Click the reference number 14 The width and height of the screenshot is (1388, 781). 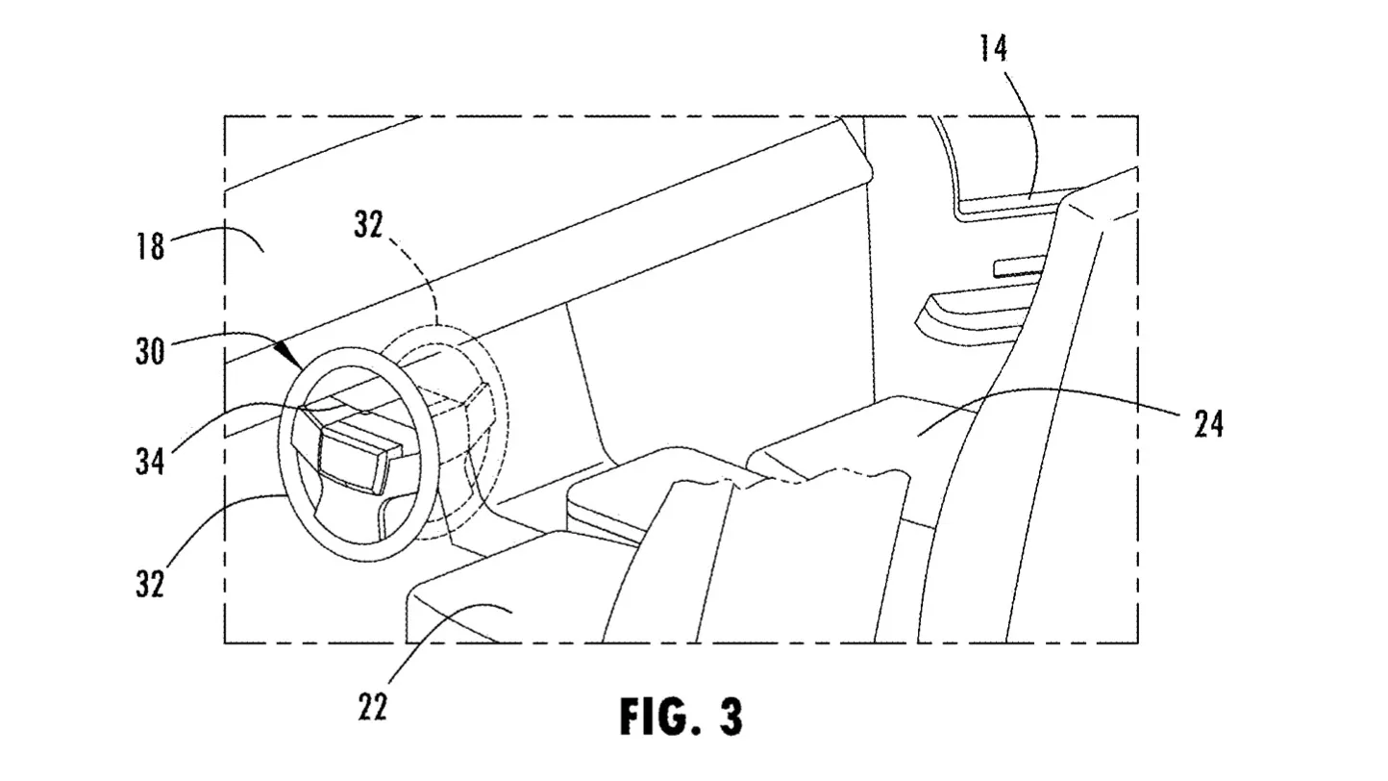point(993,48)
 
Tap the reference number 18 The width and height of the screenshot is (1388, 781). point(151,246)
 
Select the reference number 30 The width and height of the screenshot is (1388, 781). point(151,351)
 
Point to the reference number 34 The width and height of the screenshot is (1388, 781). point(151,461)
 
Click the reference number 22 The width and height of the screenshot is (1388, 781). point(372,707)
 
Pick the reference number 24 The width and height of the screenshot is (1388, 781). point(1209,424)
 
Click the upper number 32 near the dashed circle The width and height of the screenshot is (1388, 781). point(369,224)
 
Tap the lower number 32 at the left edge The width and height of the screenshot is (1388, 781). point(151,583)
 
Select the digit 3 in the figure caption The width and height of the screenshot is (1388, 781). point(731,717)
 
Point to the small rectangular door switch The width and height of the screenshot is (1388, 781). point(1019,265)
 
